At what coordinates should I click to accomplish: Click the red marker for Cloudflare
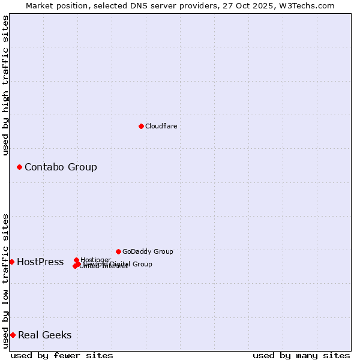coord(141,126)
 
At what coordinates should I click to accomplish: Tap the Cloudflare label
coord(161,127)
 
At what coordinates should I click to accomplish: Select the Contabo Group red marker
coord(19,167)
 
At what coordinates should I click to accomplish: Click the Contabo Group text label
coord(61,167)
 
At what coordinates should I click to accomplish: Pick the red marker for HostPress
coord(11,262)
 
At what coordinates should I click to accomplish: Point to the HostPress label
coord(40,262)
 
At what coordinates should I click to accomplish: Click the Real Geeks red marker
coord(13,335)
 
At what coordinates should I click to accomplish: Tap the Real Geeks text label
coord(44,335)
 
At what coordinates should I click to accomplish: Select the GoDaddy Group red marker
coord(118,251)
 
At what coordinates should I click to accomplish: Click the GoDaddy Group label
coord(148,252)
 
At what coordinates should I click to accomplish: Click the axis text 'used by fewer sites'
coord(62,356)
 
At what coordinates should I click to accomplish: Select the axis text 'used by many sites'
coord(301,356)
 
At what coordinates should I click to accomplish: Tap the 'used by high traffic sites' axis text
coord(6,85)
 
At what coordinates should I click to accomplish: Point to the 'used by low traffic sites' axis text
coord(6,281)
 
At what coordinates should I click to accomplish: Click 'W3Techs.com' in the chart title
coord(309,5)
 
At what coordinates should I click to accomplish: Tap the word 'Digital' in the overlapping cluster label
coord(120,264)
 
